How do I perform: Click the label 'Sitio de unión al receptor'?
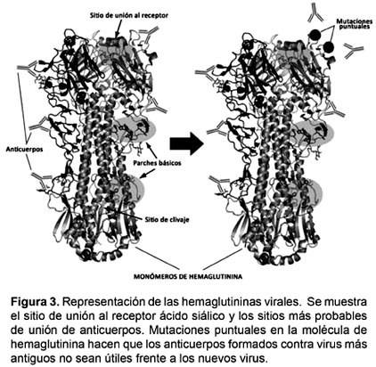129,15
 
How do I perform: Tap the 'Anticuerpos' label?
24,149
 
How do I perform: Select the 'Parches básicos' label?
157,163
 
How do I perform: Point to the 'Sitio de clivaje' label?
168,220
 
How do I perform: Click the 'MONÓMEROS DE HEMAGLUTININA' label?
188,277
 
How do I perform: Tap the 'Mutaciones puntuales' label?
355,24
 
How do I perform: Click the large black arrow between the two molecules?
186,143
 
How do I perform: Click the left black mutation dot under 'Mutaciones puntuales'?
315,36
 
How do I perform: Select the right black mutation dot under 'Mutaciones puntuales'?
329,47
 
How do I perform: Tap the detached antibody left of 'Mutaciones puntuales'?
315,13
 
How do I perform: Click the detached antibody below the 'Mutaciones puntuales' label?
354,50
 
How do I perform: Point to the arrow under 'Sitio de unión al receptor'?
118,29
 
